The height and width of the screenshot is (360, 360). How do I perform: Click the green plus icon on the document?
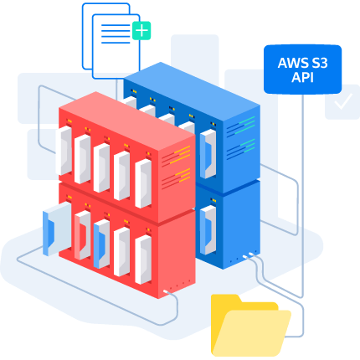pyautogui.click(x=141, y=30)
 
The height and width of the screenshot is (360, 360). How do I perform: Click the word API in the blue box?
pyautogui.click(x=302, y=77)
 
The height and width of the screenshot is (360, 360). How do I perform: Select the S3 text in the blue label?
pyautogui.click(x=318, y=64)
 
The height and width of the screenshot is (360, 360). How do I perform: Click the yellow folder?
pyautogui.click(x=251, y=326)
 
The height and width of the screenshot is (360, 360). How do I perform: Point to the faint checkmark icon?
pyautogui.click(x=343, y=101)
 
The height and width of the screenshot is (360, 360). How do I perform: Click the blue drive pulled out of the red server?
pyautogui.click(x=57, y=229)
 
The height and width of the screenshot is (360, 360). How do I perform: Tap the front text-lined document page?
pyautogui.click(x=116, y=46)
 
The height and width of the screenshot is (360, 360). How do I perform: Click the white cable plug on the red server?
pyautogui.click(x=166, y=291)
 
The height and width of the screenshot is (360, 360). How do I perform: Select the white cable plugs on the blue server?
pyautogui.click(x=248, y=255)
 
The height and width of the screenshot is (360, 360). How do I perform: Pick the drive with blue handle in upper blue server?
pyautogui.click(x=208, y=154)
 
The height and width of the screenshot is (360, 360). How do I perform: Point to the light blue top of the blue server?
pyautogui.click(x=192, y=91)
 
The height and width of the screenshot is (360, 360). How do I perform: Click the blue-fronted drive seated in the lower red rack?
pyautogui.click(x=101, y=244)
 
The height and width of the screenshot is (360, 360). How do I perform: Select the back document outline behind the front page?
pyautogui.click(x=106, y=36)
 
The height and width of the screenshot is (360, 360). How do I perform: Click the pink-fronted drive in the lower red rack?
pyautogui.click(x=82, y=235)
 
